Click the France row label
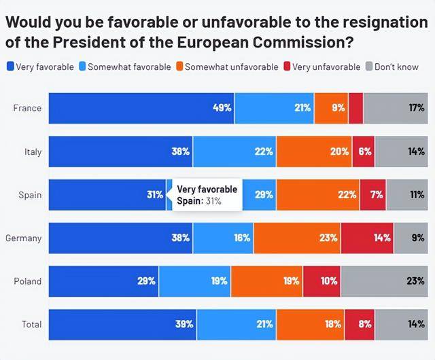pyautogui.click(x=27, y=108)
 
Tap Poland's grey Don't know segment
pyautogui.click(x=387, y=281)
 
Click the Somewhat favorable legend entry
pyautogui.click(x=125, y=67)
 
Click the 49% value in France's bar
pyautogui.click(x=222, y=108)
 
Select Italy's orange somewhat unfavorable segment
pyautogui.click(x=314, y=151)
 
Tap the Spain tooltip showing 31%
pyautogui.click(x=206, y=195)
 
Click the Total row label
pyautogui.click(x=31, y=325)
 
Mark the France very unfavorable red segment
pyautogui.click(x=355, y=108)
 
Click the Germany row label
pyautogui.click(x=23, y=238)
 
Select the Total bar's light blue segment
pyautogui.click(x=237, y=325)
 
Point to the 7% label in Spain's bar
pyautogui.click(x=376, y=195)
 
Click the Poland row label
pyautogui.click(x=27, y=281)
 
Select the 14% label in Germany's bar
pyautogui.click(x=382, y=238)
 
